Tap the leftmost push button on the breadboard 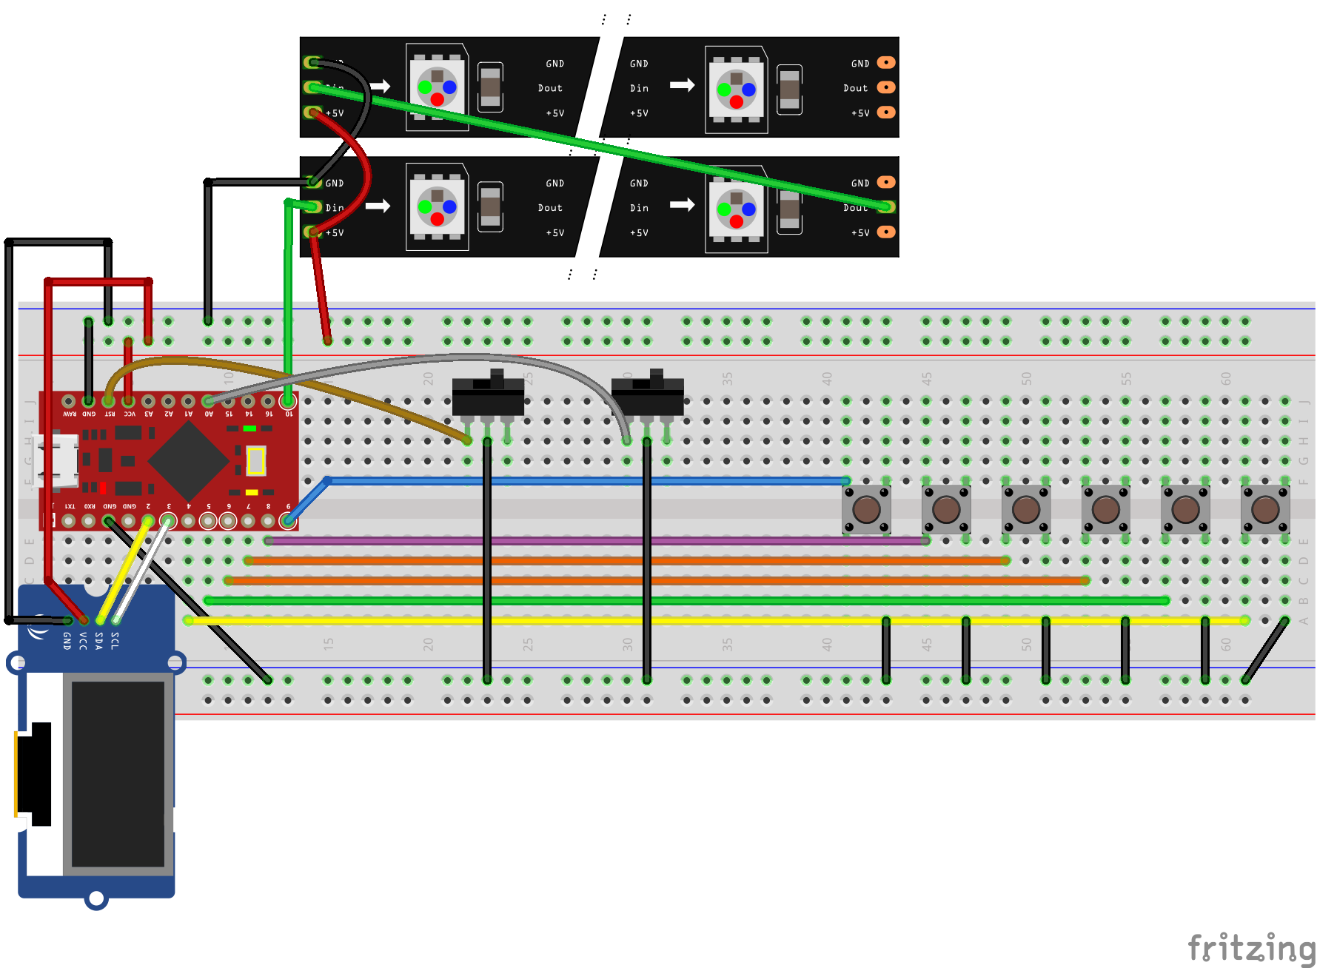click(x=866, y=509)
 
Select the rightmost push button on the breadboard click(x=1265, y=509)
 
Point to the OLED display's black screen click(x=118, y=773)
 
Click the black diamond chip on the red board click(x=188, y=460)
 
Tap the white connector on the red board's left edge click(x=59, y=461)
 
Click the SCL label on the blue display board click(x=115, y=641)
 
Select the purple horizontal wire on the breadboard click(x=592, y=541)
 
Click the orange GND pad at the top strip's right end click(x=885, y=63)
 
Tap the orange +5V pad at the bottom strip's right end click(x=885, y=232)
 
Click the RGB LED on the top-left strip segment click(x=437, y=87)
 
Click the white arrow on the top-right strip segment click(x=682, y=86)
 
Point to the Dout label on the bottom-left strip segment click(x=550, y=208)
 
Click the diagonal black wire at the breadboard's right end click(x=1265, y=651)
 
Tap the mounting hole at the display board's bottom click(x=96, y=898)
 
